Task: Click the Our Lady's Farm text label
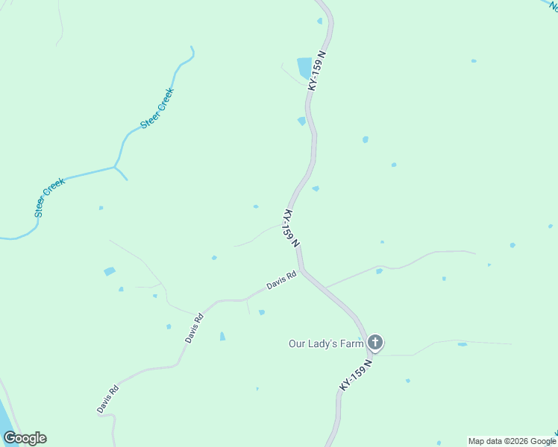click(325, 343)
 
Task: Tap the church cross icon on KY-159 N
click(374, 343)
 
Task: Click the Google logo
click(25, 438)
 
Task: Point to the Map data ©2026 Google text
click(512, 441)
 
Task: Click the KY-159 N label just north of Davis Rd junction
click(291, 228)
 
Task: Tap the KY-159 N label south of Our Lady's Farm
click(355, 374)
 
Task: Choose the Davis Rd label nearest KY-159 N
click(281, 281)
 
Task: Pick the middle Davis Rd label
click(194, 328)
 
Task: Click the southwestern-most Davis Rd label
click(107, 399)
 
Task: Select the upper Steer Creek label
click(157, 109)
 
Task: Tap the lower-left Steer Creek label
click(49, 197)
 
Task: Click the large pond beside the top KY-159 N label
click(304, 68)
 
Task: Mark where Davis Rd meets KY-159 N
click(302, 270)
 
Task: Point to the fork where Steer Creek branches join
click(115, 168)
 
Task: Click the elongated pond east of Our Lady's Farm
click(463, 344)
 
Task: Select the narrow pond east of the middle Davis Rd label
click(222, 337)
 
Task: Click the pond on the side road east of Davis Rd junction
click(379, 271)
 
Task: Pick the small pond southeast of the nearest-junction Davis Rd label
click(262, 312)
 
